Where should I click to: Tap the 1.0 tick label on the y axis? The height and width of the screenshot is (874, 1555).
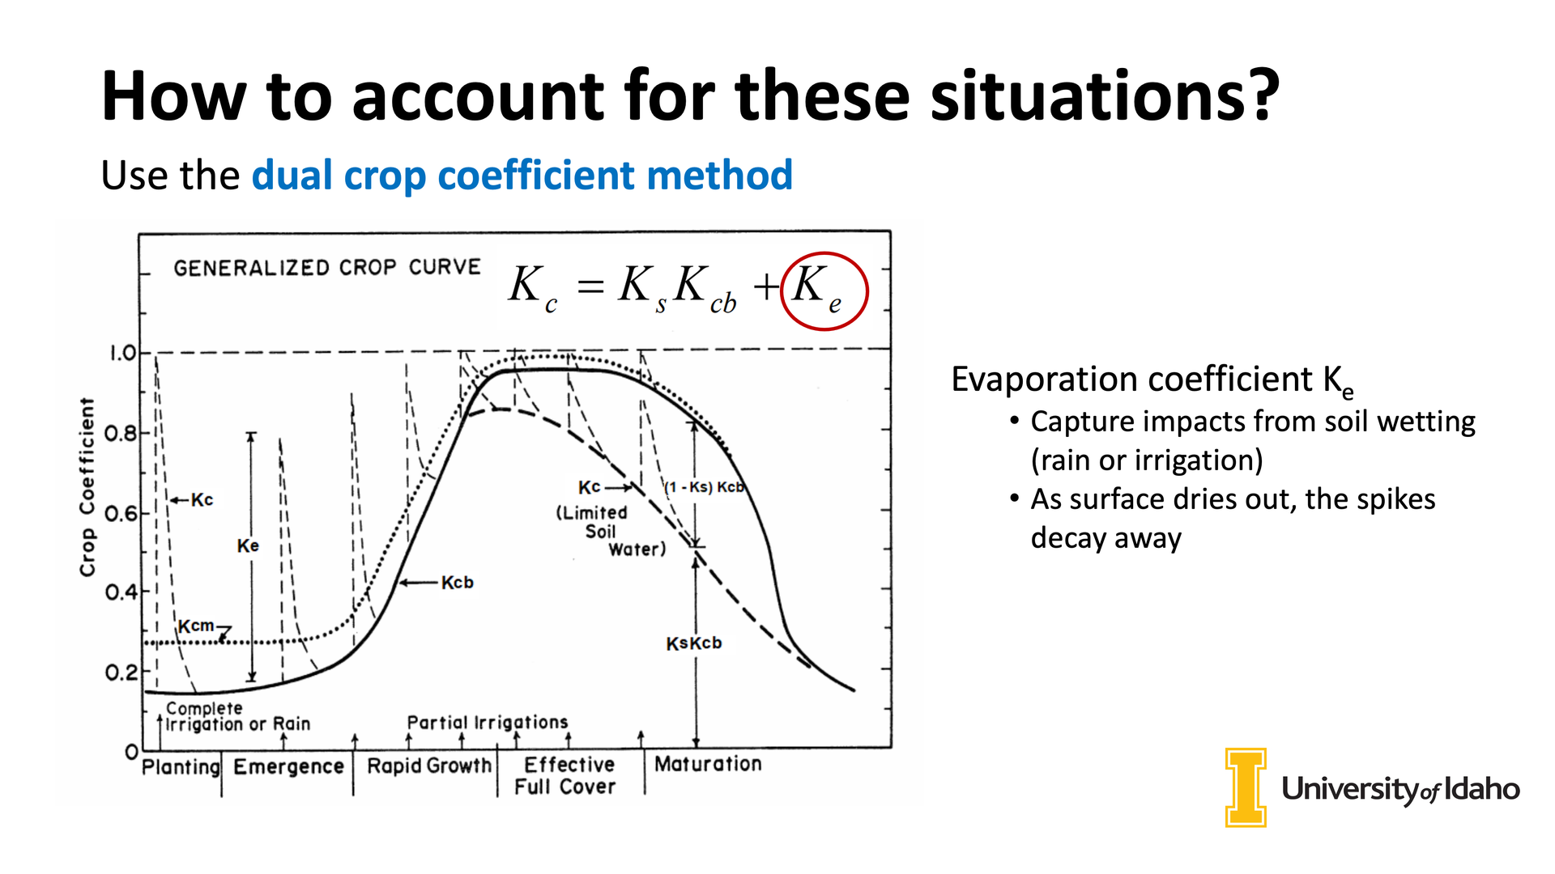click(123, 353)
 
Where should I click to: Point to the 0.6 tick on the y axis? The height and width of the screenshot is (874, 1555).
click(121, 513)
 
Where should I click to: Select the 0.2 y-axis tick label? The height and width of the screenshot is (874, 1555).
click(121, 672)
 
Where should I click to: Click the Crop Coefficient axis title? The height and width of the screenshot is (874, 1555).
click(87, 487)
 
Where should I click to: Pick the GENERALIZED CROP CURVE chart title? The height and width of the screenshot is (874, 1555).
click(327, 267)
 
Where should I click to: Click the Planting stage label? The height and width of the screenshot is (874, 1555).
click(181, 766)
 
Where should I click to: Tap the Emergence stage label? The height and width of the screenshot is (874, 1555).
click(288, 766)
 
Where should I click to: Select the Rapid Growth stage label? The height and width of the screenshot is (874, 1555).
click(429, 766)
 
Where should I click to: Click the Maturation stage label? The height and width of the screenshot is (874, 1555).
click(708, 763)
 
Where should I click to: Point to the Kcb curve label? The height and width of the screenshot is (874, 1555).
click(457, 583)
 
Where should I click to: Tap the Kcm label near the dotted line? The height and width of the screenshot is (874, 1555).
click(196, 626)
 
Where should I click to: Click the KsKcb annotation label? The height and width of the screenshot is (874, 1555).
click(693, 643)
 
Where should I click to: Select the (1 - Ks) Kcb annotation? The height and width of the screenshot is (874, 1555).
click(704, 487)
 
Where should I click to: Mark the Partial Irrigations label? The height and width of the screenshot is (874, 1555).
click(488, 722)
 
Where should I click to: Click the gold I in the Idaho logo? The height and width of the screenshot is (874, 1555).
click(1246, 787)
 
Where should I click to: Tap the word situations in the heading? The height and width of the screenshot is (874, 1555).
click(1104, 95)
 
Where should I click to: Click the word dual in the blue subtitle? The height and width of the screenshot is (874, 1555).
click(292, 175)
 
